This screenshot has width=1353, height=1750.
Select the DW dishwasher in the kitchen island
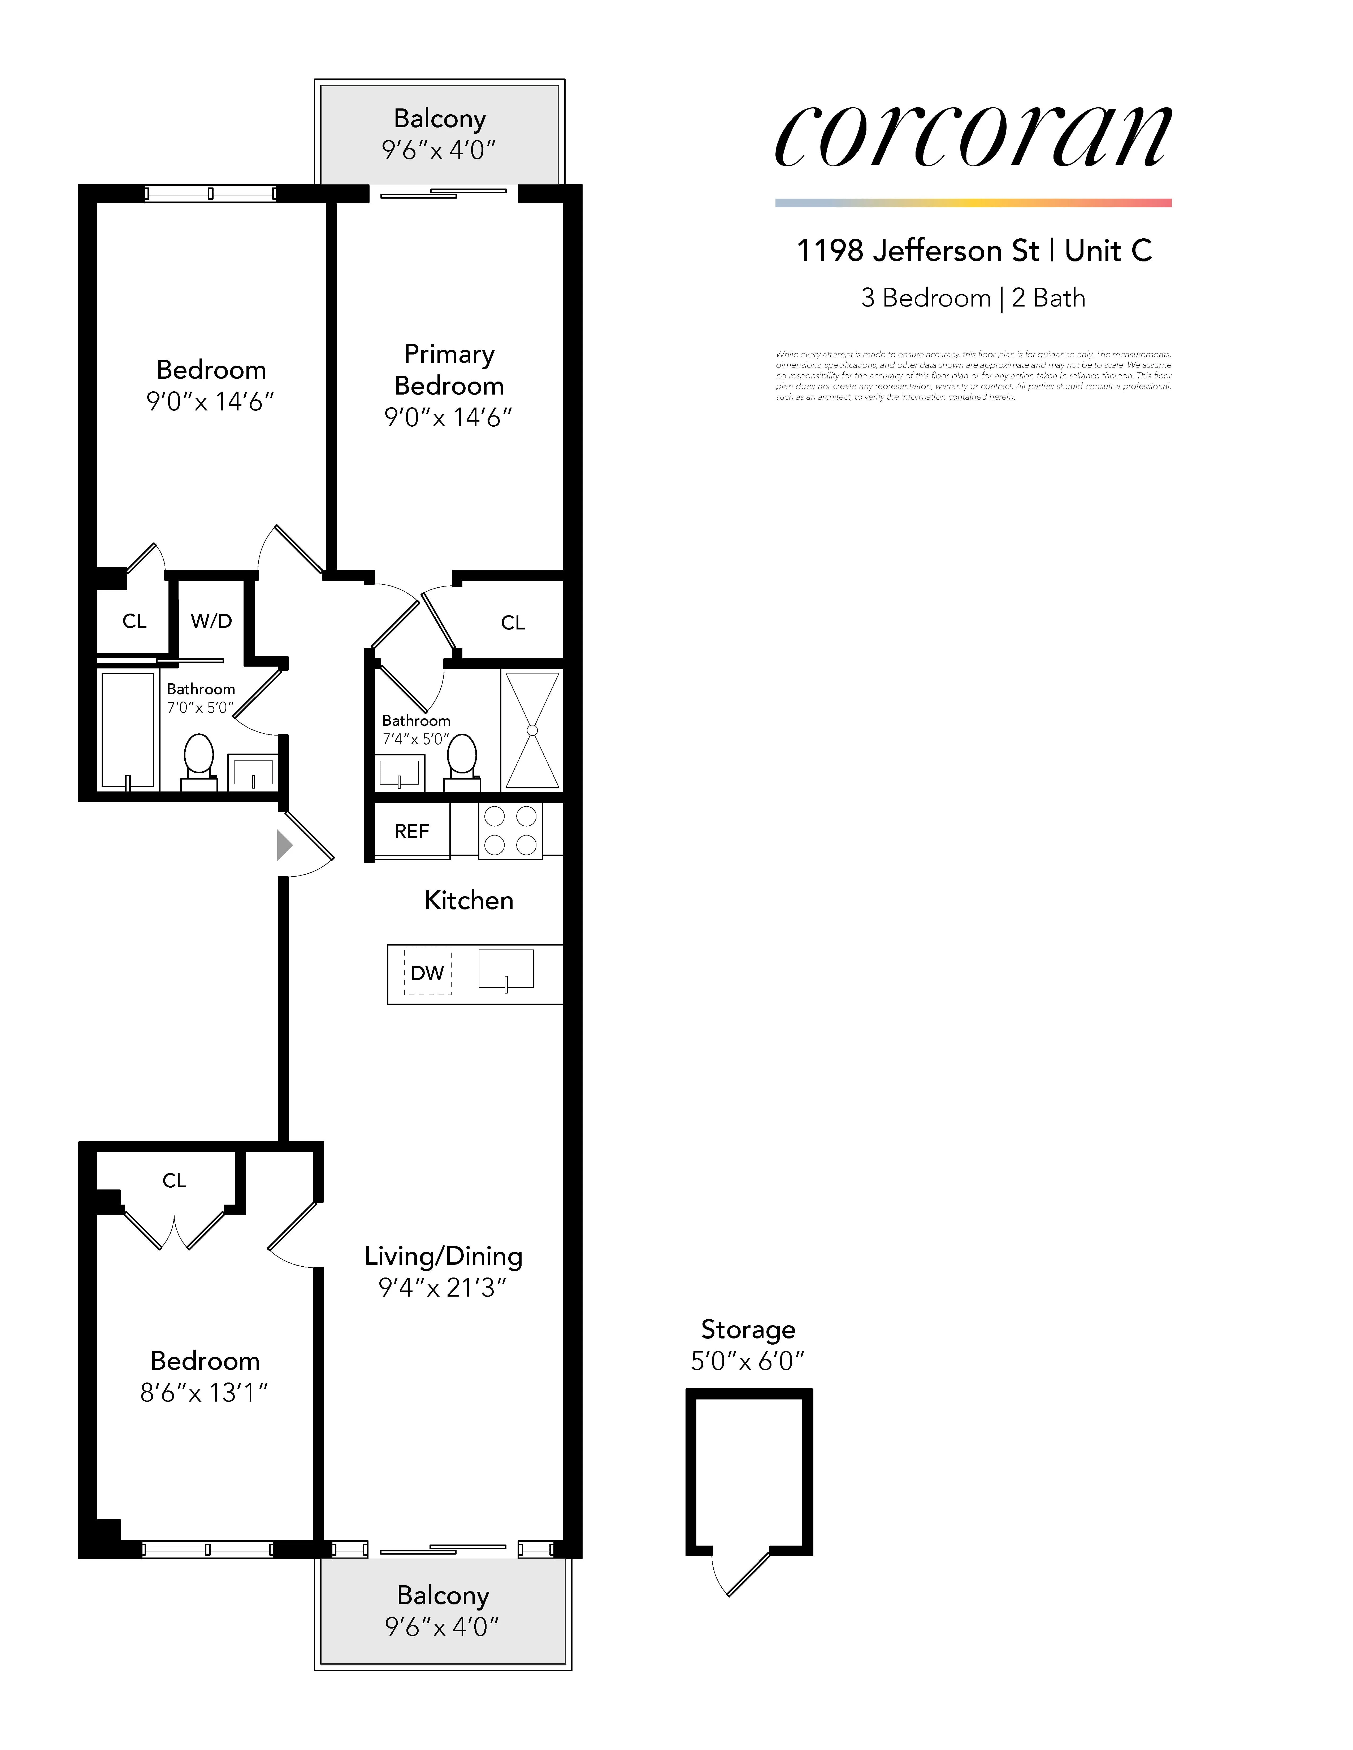coord(427,973)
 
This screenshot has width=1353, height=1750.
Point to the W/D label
coord(212,621)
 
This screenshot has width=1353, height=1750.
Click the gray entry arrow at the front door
coord(284,845)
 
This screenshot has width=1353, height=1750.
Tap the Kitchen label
coord(469,901)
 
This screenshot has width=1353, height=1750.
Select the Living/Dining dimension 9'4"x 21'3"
coord(443,1288)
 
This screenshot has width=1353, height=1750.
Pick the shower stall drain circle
coord(532,730)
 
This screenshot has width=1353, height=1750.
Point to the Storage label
coord(748,1329)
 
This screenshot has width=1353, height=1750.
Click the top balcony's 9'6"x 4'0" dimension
coord(439,150)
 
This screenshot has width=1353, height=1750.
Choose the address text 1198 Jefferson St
coord(917,251)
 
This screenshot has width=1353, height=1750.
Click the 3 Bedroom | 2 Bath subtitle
coord(973,298)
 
